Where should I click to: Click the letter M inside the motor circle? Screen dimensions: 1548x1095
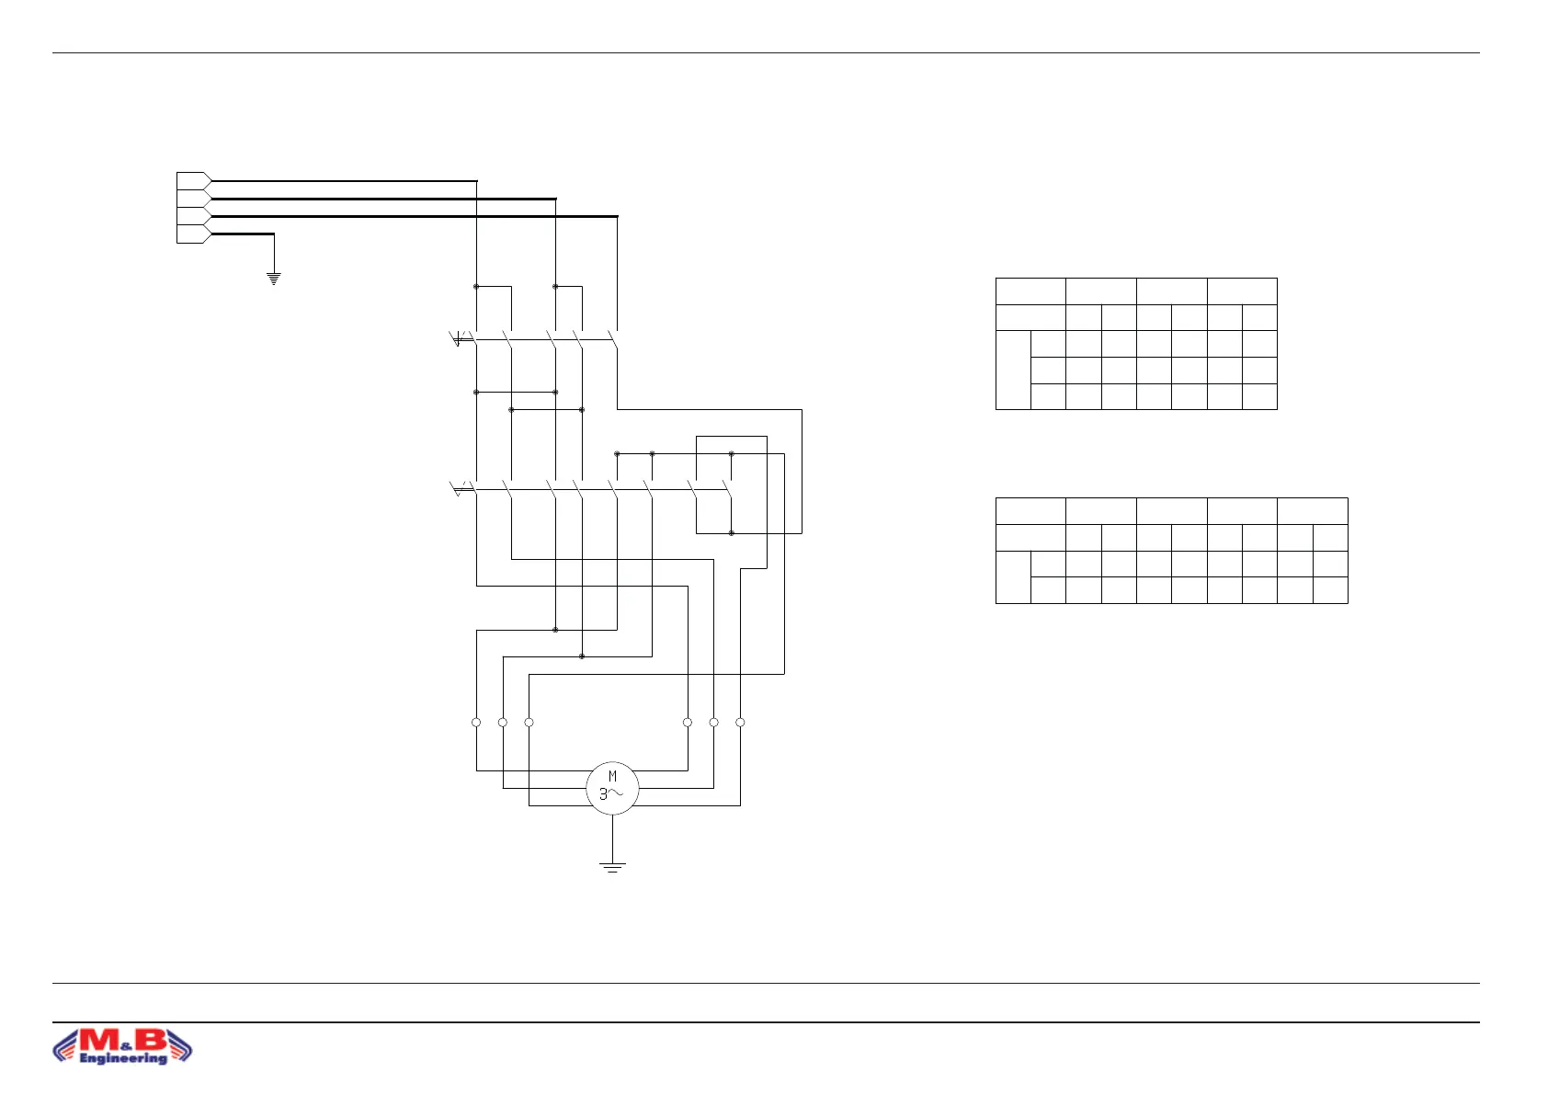pos(612,777)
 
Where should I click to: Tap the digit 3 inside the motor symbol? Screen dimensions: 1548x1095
pos(604,794)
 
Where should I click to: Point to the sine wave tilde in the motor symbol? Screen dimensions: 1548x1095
pos(618,793)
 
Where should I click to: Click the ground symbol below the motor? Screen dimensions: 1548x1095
pos(612,866)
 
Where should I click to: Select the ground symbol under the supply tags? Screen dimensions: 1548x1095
pos(273,278)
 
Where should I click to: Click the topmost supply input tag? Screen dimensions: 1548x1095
pos(193,181)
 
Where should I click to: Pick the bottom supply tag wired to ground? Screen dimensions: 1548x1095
pos(193,234)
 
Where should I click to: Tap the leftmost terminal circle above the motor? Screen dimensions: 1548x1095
pos(476,723)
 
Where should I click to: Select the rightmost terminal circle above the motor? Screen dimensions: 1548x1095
pos(740,723)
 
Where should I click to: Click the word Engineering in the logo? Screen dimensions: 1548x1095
pos(123,1058)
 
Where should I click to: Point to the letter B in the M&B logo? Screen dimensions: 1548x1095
pos(152,1040)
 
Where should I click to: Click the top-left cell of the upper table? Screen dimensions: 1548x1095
pos(1030,291)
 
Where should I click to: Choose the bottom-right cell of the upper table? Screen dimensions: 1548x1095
pos(1259,396)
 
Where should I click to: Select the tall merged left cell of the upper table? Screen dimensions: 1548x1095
pos(1013,370)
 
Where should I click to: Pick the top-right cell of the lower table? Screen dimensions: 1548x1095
pos(1313,511)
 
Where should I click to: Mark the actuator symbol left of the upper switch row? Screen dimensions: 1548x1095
pos(458,340)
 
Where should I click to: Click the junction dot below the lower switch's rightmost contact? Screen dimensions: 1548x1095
pos(732,533)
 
